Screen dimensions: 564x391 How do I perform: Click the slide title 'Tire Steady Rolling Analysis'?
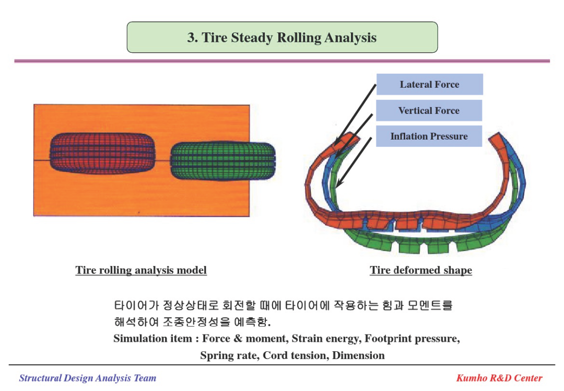[x=289, y=38]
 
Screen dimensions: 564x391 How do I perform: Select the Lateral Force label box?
[x=429, y=84]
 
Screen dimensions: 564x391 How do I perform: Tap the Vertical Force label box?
[x=429, y=110]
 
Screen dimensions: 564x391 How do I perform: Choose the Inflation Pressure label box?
[x=429, y=136]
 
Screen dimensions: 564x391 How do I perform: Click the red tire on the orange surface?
[x=102, y=153]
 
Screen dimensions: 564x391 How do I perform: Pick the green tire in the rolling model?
[x=222, y=160]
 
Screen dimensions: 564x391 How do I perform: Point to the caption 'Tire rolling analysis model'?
[x=141, y=270]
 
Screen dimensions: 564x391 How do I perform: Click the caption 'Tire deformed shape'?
[x=421, y=270]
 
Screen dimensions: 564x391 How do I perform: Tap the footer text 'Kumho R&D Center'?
[x=499, y=378]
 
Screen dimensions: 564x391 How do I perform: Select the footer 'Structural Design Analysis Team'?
[x=87, y=378]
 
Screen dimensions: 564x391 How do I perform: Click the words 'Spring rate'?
[x=228, y=355]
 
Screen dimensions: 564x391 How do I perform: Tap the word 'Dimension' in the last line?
[x=358, y=355]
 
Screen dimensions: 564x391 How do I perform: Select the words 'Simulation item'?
[x=152, y=338]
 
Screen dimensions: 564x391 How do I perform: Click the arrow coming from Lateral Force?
[x=355, y=115]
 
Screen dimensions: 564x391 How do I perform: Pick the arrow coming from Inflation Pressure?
[x=354, y=163]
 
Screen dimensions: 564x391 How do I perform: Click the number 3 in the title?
[x=190, y=38]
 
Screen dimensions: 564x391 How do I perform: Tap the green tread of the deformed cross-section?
[x=428, y=244]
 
